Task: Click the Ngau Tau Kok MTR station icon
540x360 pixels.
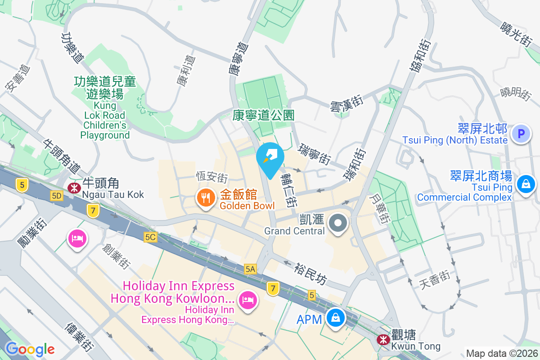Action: tap(72, 187)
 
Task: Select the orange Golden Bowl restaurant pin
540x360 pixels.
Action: tap(206, 198)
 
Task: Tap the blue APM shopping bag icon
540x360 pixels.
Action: tap(336, 318)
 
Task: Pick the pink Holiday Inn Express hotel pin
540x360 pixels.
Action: tap(247, 299)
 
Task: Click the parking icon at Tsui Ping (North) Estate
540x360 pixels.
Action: tap(521, 134)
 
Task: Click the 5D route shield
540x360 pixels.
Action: tap(57, 196)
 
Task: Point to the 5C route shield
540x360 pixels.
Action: tap(150, 237)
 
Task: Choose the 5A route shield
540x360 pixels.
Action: tap(251, 269)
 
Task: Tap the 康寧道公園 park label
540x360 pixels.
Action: tap(264, 115)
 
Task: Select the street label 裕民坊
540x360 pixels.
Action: tap(310, 274)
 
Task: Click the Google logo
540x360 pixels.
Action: tap(30, 349)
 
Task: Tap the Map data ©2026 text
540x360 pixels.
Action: tap(501, 353)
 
